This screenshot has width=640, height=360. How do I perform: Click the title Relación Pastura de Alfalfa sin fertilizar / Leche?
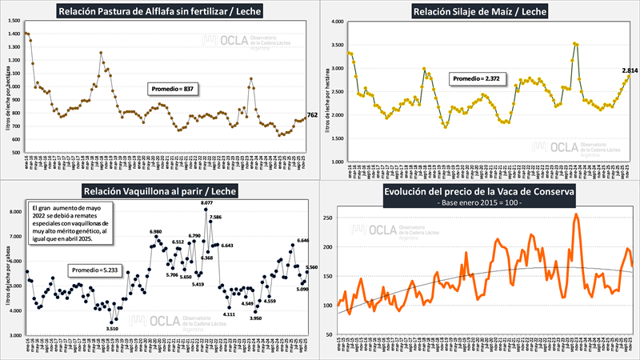click(x=160, y=11)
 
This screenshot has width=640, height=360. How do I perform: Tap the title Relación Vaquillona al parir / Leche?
click(x=160, y=190)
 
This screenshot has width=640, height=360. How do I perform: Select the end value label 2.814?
click(x=629, y=71)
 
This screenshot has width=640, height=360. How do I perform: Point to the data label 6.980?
click(x=156, y=232)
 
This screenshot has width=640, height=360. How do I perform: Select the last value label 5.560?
click(x=312, y=267)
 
